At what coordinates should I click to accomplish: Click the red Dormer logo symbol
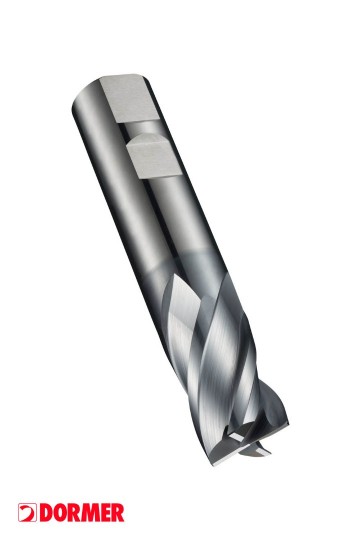pyautogui.click(x=27, y=512)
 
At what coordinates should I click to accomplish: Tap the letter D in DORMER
pyautogui.click(x=46, y=513)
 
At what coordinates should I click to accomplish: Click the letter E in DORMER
pyautogui.click(x=105, y=513)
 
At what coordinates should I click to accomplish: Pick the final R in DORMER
pyautogui.click(x=117, y=513)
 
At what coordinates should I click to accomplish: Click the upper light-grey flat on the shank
pyautogui.click(x=129, y=98)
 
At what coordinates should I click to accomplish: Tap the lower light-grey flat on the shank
pyautogui.click(x=153, y=157)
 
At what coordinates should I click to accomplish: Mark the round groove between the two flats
pyautogui.click(x=141, y=128)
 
